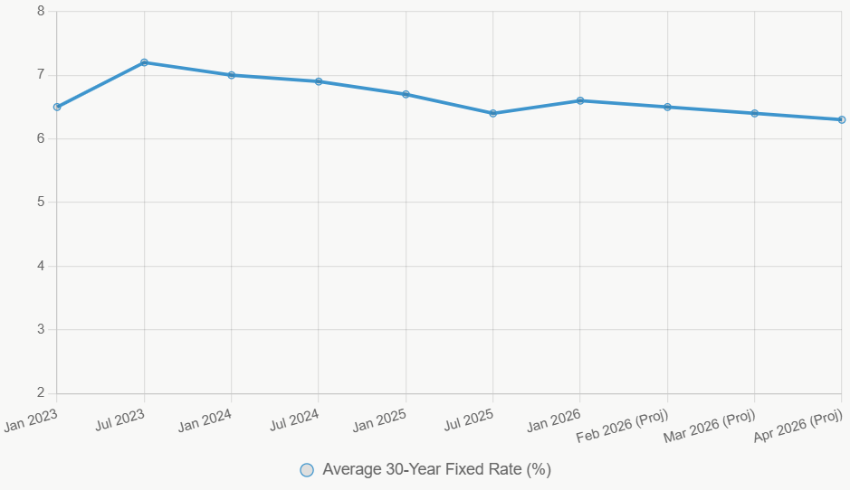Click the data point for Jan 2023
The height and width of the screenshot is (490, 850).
[x=57, y=107]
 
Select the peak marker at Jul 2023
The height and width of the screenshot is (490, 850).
[x=144, y=62]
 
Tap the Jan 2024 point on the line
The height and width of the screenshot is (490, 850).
[x=232, y=75]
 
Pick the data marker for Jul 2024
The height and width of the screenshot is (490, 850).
[x=319, y=81]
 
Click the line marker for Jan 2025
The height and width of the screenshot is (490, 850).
[x=406, y=94]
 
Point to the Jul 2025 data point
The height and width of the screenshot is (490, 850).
[x=493, y=113]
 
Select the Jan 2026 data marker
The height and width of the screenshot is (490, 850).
[x=580, y=100]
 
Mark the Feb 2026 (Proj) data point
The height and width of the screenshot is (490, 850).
[x=667, y=107]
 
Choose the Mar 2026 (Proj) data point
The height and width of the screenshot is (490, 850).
[x=755, y=113]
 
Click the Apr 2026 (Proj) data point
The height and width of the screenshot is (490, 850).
[x=842, y=119]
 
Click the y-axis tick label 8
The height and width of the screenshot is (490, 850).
[x=41, y=12]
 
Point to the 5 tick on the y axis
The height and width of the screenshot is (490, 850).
[x=41, y=203]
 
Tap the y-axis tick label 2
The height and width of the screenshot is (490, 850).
[x=41, y=393]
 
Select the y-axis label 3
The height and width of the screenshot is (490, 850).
[x=41, y=329]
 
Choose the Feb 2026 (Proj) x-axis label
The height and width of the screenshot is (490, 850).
[x=620, y=425]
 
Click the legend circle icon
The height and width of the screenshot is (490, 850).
[x=307, y=470]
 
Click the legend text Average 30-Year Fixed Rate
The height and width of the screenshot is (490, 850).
[x=436, y=470]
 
